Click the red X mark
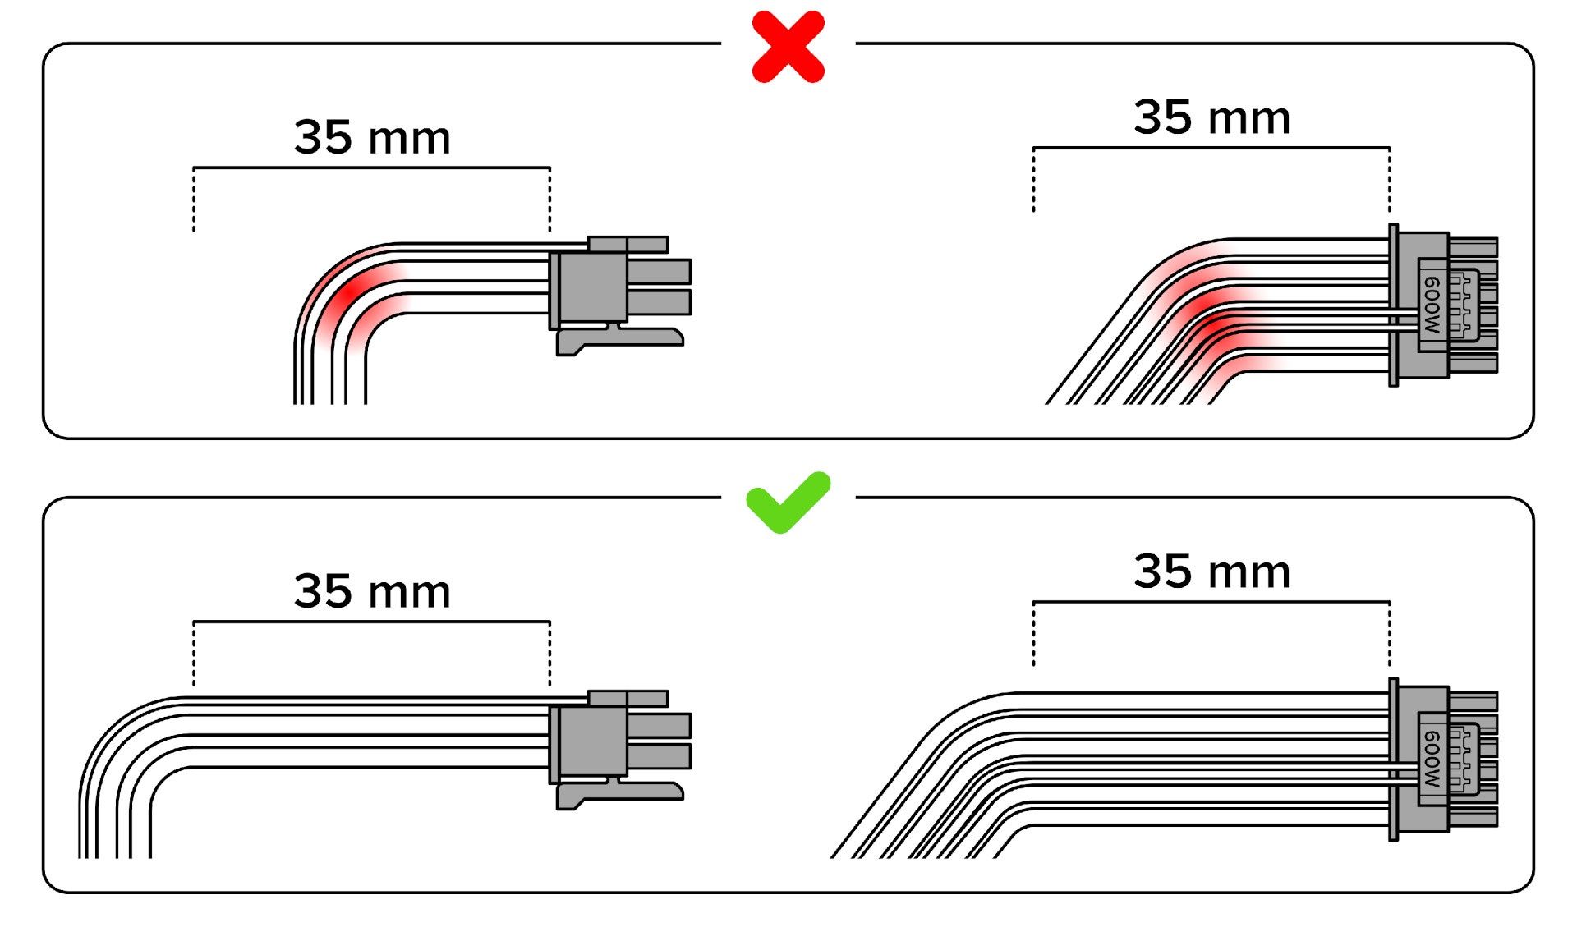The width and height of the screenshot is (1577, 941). [x=788, y=47]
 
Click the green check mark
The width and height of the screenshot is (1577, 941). [x=788, y=503]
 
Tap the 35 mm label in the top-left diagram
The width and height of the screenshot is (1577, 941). [x=372, y=137]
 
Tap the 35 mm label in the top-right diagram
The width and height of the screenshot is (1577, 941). [x=1211, y=117]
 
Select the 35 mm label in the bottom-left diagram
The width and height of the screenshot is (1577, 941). [x=372, y=591]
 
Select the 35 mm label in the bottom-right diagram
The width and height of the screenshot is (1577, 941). [x=1211, y=571]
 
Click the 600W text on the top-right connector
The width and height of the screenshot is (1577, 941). [x=1432, y=305]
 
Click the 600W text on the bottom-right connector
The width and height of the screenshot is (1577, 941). [x=1432, y=759]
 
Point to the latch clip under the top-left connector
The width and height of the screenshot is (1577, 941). [x=619, y=340]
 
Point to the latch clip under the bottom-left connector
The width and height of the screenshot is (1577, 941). [x=619, y=794]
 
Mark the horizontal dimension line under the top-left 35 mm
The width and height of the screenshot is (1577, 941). [x=371, y=168]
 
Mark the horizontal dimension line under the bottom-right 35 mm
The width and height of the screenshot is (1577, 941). [x=1211, y=602]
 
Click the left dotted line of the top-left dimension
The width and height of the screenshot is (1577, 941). [x=194, y=200]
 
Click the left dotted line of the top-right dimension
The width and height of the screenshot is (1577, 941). [x=1033, y=181]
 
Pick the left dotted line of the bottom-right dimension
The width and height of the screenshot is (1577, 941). [x=1033, y=634]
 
